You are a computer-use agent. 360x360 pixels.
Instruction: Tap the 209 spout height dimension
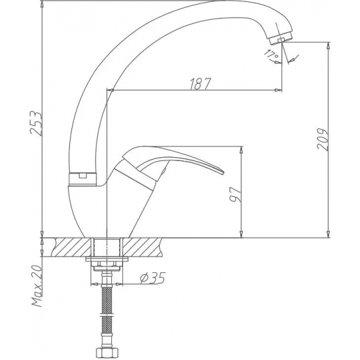(321, 139)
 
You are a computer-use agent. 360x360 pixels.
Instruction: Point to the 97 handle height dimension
(235, 193)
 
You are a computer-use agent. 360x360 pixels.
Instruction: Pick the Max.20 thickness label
(37, 287)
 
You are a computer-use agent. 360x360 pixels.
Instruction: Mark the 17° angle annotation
(270, 54)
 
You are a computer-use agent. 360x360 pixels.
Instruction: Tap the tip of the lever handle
(221, 172)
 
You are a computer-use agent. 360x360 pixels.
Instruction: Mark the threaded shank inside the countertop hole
(107, 248)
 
